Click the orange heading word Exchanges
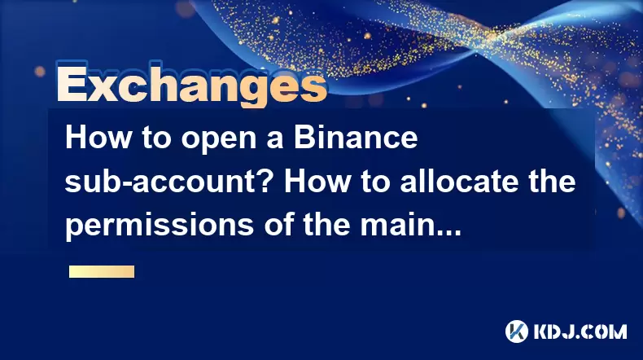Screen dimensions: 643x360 tap(192, 86)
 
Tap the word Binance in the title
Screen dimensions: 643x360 tap(356, 138)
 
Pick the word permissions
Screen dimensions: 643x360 tap(159, 226)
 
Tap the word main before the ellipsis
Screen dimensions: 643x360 tap(396, 225)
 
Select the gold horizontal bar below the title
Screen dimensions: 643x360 tap(102, 271)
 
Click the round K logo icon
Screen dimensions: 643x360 tap(517, 331)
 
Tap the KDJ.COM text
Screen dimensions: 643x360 tap(580, 331)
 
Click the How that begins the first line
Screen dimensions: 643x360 tap(98, 138)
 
